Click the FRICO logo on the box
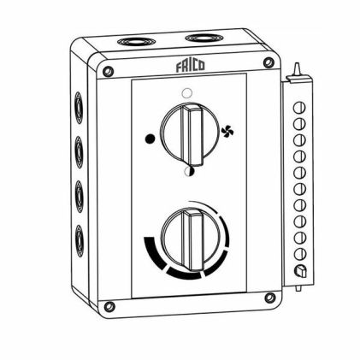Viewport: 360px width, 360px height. [187, 64]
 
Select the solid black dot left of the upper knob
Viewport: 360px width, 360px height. [150, 137]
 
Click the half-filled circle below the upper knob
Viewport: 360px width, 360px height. [187, 172]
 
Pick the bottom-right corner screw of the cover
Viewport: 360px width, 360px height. [269, 298]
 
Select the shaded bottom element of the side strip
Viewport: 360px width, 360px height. [299, 271]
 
